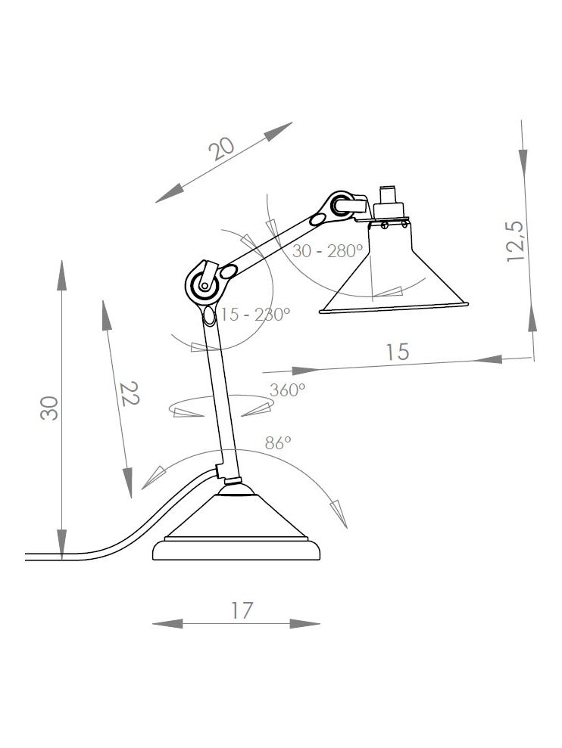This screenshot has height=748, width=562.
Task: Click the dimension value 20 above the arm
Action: [x=223, y=147]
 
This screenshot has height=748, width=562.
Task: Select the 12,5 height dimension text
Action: [x=517, y=241]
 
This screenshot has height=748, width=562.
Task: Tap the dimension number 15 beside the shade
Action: [x=397, y=352]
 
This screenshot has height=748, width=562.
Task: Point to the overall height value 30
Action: [x=50, y=408]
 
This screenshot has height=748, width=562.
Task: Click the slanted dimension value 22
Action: [x=130, y=393]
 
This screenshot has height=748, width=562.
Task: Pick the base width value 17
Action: [x=241, y=610]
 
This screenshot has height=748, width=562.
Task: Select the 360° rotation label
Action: [x=288, y=390]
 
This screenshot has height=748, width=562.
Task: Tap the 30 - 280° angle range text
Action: [x=327, y=252]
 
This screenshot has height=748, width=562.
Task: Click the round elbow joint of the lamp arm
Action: [x=205, y=285]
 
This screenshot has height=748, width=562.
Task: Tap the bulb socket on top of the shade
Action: [x=389, y=203]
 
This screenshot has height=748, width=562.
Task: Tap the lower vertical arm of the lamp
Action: [x=221, y=393]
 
